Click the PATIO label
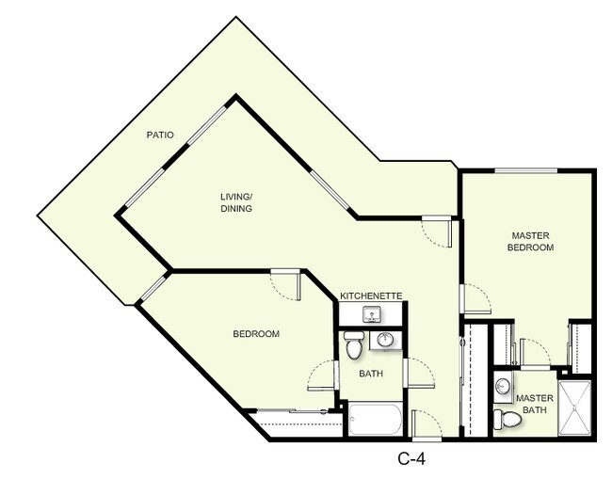(x=159, y=136)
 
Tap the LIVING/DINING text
(x=236, y=202)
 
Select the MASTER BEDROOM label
(x=532, y=241)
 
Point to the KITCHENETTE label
(x=371, y=295)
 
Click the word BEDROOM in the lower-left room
(x=256, y=334)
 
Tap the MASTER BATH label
(x=534, y=404)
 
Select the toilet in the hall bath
(x=353, y=345)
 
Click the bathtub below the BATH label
(x=375, y=419)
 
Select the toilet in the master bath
(x=507, y=419)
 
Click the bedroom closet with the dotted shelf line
(x=295, y=423)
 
